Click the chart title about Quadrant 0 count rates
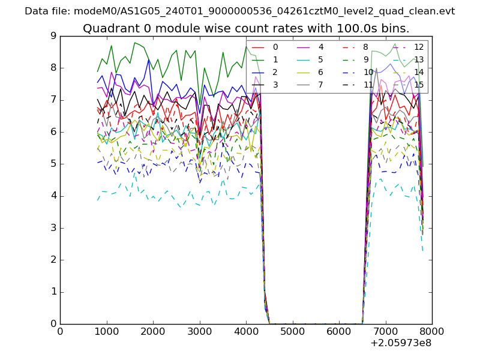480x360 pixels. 246,28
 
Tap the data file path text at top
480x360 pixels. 240,11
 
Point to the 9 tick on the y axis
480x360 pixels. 53,36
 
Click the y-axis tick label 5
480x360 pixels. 53,164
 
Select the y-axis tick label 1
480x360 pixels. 53,292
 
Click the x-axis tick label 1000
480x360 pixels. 106,331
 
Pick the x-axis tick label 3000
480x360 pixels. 199,331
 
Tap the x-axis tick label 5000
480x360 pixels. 292,331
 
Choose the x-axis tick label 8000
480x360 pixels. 431,331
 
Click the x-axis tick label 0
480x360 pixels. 60,331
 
